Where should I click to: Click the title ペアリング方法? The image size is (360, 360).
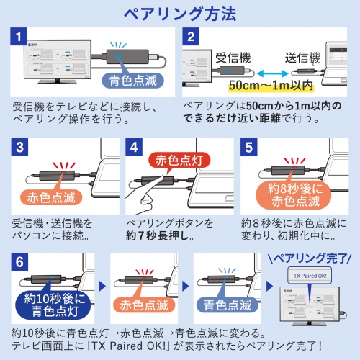(x=179, y=14)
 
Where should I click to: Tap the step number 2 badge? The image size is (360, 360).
(x=191, y=37)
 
